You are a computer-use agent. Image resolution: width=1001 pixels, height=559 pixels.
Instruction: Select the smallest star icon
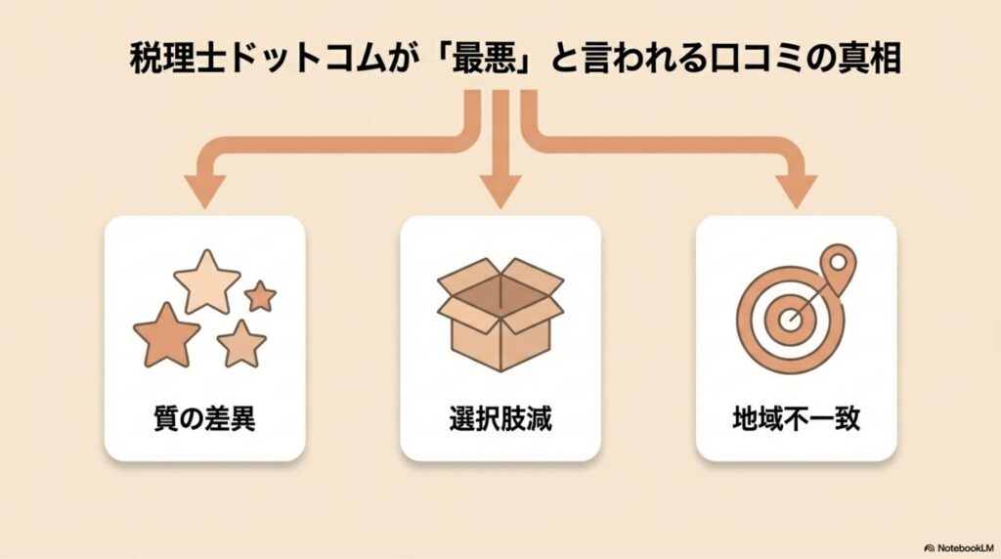[x=260, y=295]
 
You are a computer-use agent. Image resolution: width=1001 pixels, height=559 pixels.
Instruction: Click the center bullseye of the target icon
[x=789, y=320]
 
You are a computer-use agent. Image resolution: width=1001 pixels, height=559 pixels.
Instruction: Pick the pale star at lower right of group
[x=241, y=343]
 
